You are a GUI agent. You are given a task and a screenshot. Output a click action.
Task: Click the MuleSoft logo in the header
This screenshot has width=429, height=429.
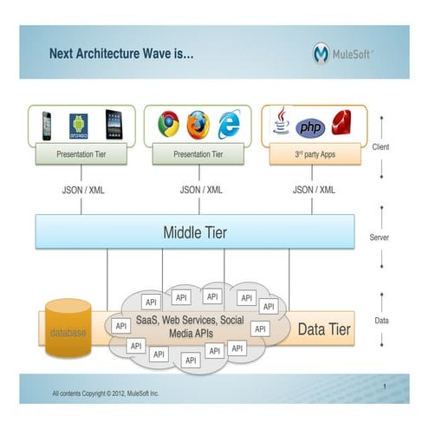(x=344, y=55)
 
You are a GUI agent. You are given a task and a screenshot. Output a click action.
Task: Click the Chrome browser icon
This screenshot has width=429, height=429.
(x=168, y=125)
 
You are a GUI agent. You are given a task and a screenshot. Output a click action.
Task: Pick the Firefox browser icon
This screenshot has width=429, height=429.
(x=198, y=125)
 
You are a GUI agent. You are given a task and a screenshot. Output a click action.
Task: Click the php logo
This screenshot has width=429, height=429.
(x=309, y=127)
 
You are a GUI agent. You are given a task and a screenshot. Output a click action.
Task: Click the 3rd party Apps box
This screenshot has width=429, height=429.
(x=315, y=155)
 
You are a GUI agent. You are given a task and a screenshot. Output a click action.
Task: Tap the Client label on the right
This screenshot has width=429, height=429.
(x=381, y=147)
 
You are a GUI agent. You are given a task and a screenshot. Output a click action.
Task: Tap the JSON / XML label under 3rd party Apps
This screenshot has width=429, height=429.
(x=315, y=189)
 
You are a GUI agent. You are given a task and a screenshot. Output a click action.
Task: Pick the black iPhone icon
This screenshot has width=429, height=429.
(x=47, y=126)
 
